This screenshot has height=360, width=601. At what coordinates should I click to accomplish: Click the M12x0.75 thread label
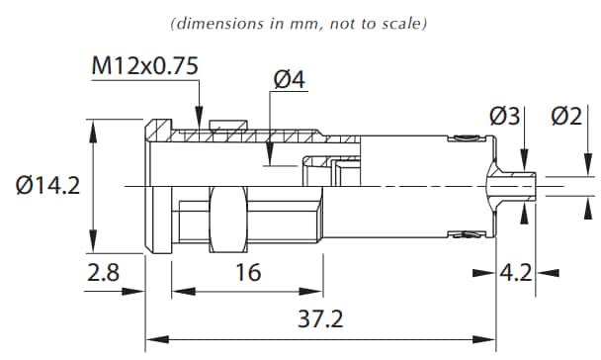coord(145,66)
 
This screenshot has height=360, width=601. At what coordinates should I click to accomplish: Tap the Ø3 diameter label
coord(503,116)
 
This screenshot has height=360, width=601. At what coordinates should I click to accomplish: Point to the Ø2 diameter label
coord(566,116)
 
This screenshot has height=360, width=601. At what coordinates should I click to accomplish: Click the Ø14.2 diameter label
coord(47,185)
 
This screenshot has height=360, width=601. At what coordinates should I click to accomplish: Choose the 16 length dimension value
coord(249,272)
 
